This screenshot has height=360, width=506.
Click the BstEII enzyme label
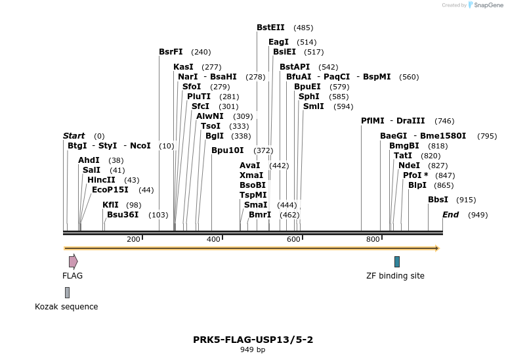point(270,28)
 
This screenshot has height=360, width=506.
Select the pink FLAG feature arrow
point(73,261)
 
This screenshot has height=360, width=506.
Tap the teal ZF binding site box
point(397,261)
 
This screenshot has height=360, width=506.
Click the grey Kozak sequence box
point(67,292)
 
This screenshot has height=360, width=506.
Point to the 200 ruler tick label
point(133,240)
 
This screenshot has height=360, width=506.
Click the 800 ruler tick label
point(373,240)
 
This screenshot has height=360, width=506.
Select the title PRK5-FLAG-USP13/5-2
point(253,340)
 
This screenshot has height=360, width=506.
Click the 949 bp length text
point(253,350)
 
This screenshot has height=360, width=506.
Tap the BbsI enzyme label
point(438,200)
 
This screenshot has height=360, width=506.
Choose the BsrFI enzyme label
point(171,52)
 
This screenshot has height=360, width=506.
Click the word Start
point(74,136)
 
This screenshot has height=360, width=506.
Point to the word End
point(450,215)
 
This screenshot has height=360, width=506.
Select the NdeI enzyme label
point(409,166)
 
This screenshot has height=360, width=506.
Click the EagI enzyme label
point(278,42)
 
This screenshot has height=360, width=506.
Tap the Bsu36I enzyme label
point(123,215)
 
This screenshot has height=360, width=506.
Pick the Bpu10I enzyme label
point(228,150)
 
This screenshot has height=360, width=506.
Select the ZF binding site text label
point(395,276)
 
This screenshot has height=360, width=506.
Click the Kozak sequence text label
point(66,307)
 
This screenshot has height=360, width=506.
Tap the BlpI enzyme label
point(417,185)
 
